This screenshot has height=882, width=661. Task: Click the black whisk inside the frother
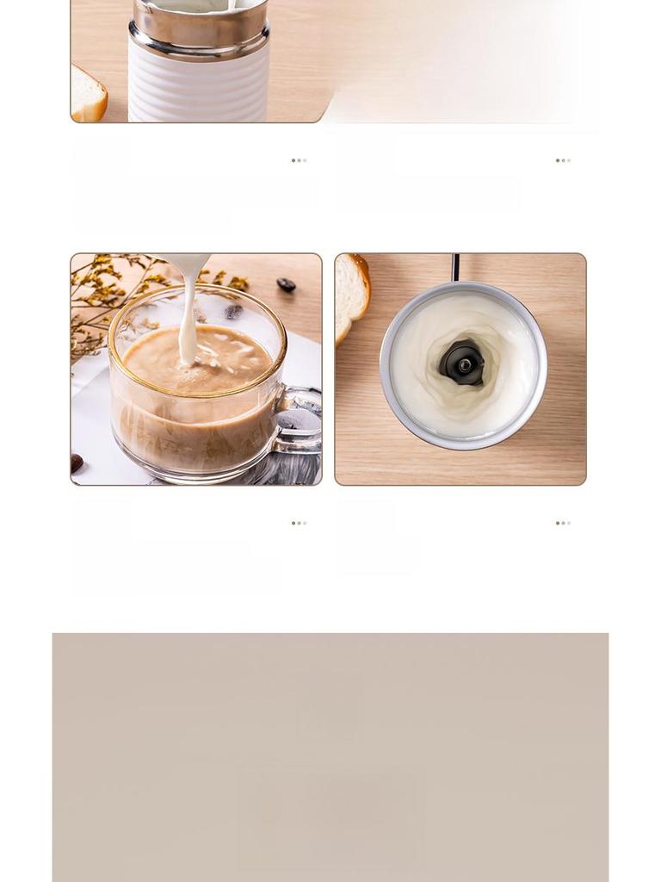462,363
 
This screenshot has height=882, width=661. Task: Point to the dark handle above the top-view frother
455,267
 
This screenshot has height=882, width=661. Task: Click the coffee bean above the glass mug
286,285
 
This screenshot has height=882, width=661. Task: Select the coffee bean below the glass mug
77,463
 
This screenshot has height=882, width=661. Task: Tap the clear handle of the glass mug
302,422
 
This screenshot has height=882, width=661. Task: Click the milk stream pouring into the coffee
188,319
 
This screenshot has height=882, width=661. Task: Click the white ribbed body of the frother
199,86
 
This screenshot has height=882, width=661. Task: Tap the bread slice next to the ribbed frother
88,95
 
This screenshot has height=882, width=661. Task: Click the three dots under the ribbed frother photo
299,160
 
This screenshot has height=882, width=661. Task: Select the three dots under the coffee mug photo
299,523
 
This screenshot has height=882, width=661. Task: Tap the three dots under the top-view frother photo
563,523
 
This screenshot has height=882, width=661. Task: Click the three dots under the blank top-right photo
563,160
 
